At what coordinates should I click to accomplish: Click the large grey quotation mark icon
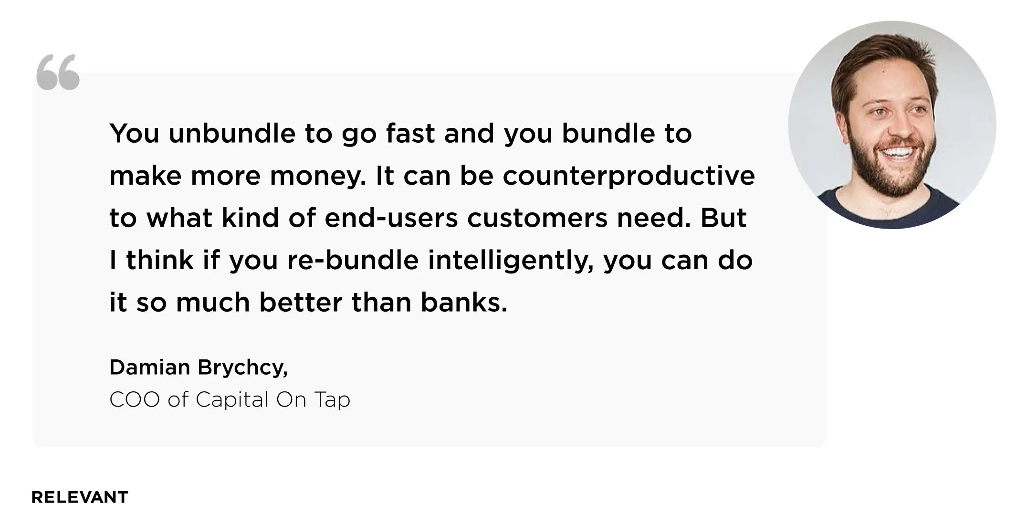tap(58, 72)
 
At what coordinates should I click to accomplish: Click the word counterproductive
tap(629, 177)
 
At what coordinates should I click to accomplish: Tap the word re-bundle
tap(353, 261)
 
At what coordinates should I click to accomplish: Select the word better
tap(301, 303)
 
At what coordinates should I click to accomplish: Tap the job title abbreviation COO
tap(135, 399)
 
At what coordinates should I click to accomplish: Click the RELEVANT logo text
tap(80, 497)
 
